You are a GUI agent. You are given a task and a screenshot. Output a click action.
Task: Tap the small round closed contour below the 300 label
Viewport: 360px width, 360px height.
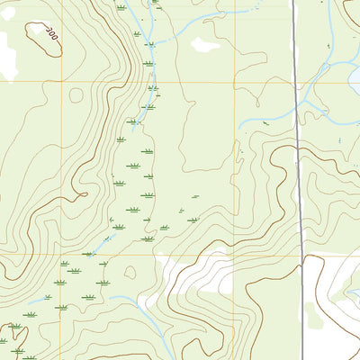(x=76, y=94)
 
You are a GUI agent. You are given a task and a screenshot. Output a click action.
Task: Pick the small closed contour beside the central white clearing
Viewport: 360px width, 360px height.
(x=130, y=272)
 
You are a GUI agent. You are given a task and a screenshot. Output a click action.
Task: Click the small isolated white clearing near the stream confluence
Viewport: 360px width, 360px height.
(x=204, y=44)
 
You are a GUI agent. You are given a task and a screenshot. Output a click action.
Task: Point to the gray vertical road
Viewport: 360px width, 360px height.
(x=298, y=180)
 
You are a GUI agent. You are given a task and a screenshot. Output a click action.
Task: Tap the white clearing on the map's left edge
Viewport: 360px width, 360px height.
(x=7, y=54)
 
